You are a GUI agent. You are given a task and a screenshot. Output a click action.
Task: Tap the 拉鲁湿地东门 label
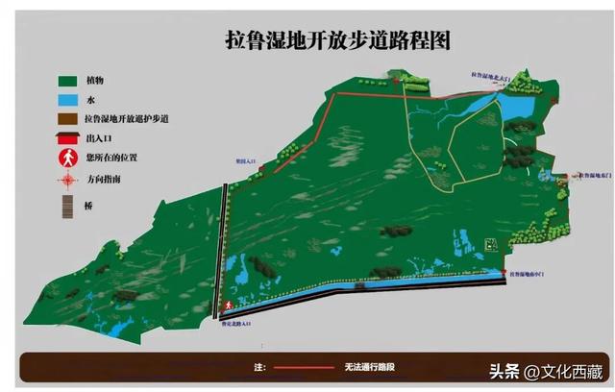tap(593, 176)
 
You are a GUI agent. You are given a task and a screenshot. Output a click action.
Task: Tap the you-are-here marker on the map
tap(228, 306)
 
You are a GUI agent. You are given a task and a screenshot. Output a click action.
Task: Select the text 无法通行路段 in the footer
tap(366, 367)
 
